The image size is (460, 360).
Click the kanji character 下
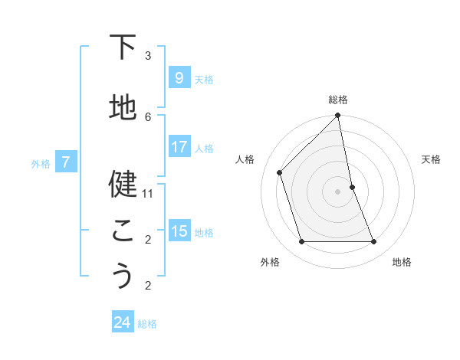[x=123, y=47]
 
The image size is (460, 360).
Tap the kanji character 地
[x=123, y=107]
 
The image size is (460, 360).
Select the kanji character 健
[x=123, y=184]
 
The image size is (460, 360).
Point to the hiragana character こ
[x=123, y=230]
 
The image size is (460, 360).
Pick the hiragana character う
[x=123, y=276]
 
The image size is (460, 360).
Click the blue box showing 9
[x=179, y=77]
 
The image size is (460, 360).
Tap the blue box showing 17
[x=179, y=146]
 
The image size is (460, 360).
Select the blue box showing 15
[x=179, y=231]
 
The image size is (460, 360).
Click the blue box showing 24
[x=122, y=322]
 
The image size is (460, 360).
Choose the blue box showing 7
[x=66, y=162]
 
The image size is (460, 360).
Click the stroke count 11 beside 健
[x=148, y=194]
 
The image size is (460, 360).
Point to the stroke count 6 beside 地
[x=148, y=116]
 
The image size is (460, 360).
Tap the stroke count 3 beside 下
[x=148, y=55]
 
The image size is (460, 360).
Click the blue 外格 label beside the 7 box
[x=41, y=163]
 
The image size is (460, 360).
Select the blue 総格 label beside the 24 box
[x=147, y=324]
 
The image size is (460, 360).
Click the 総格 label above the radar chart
[x=338, y=100]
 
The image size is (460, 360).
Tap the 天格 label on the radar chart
[x=432, y=159]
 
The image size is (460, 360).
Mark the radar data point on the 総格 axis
[x=338, y=116]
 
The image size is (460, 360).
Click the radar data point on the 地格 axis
[x=374, y=242]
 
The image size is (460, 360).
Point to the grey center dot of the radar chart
[x=338, y=191]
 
